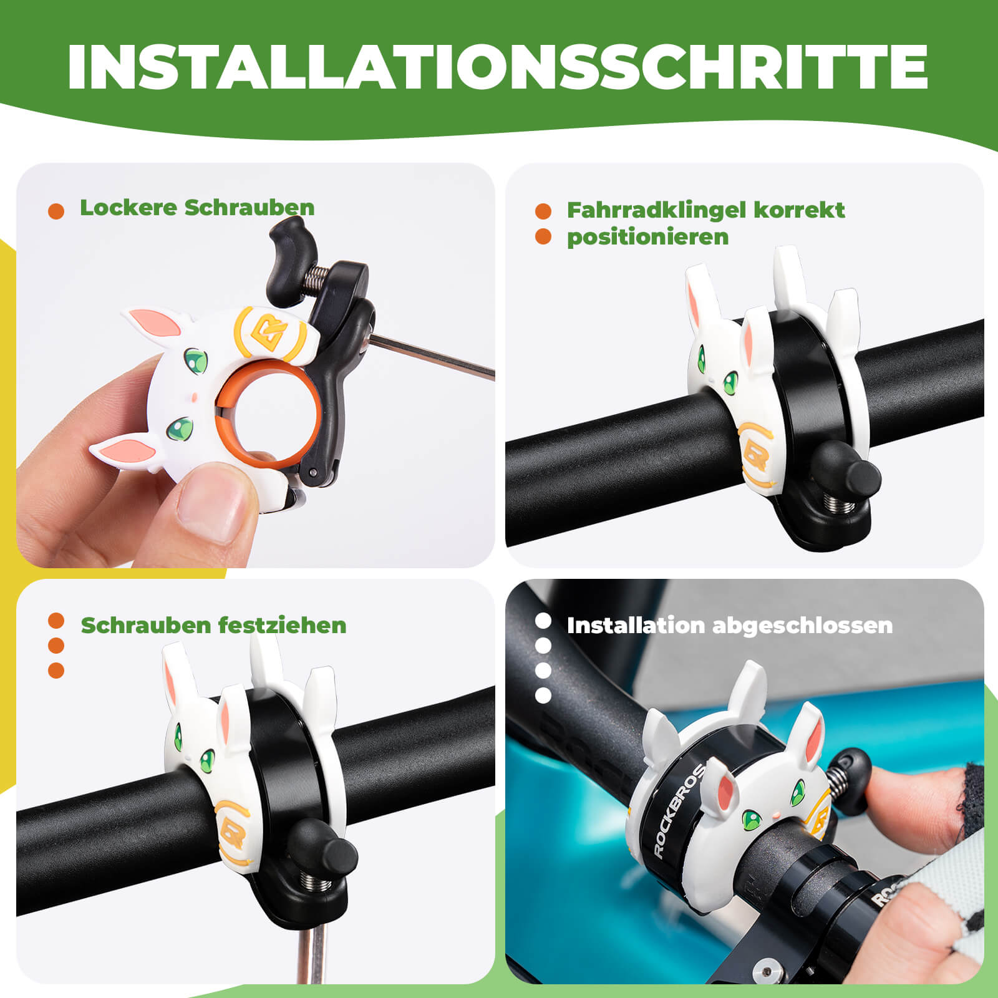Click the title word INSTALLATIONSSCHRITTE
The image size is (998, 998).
coord(498,67)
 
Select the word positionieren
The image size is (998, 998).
coord(647,237)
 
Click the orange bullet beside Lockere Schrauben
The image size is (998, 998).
coord(56,211)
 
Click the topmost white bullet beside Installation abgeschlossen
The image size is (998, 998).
coord(543,621)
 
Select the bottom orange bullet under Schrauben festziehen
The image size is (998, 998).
coord(56,671)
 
